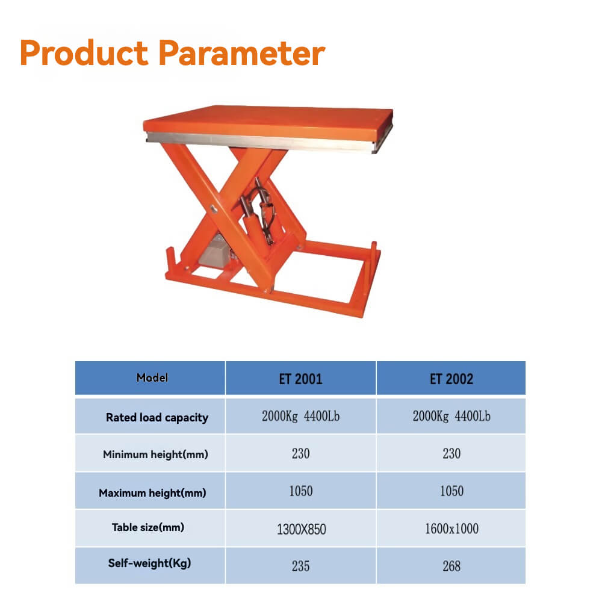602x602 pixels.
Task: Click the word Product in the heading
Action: point(84,53)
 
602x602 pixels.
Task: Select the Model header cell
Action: point(152,378)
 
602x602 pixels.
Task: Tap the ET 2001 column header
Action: point(300,379)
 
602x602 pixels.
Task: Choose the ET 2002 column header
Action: point(451,379)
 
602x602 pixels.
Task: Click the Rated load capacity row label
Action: point(157,417)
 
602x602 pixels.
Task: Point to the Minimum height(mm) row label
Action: point(155,455)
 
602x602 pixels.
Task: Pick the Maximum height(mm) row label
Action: point(152,493)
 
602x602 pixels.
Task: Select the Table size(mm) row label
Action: point(147,528)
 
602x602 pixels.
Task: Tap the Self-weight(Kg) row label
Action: point(149,564)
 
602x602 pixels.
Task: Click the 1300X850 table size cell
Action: point(301,529)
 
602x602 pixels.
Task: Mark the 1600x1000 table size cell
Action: point(451,529)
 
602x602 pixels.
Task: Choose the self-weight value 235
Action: point(300,566)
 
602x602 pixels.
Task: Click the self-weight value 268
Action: point(451,566)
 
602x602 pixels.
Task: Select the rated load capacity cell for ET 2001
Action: point(300,417)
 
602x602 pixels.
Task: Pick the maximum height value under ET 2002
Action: point(451,491)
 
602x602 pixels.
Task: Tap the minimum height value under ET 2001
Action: point(300,454)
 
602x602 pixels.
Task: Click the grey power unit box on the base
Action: point(215,252)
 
